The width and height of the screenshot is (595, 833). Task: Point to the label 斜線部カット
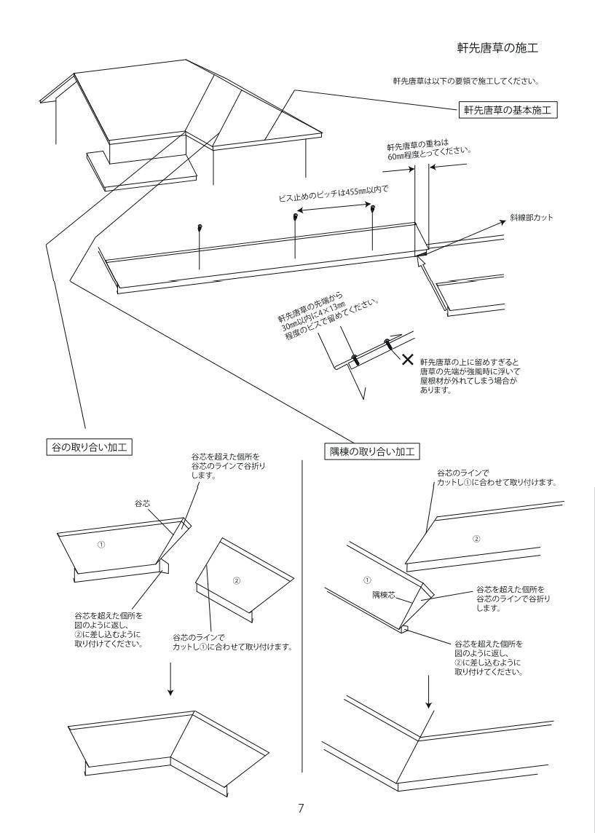pyautogui.click(x=535, y=218)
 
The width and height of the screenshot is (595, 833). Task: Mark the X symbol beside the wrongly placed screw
pyautogui.click(x=409, y=359)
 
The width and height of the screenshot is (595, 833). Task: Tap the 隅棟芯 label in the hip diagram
pyautogui.click(x=384, y=594)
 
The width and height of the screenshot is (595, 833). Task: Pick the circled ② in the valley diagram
pyautogui.click(x=235, y=580)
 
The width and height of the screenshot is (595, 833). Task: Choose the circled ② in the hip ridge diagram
pyautogui.click(x=477, y=540)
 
